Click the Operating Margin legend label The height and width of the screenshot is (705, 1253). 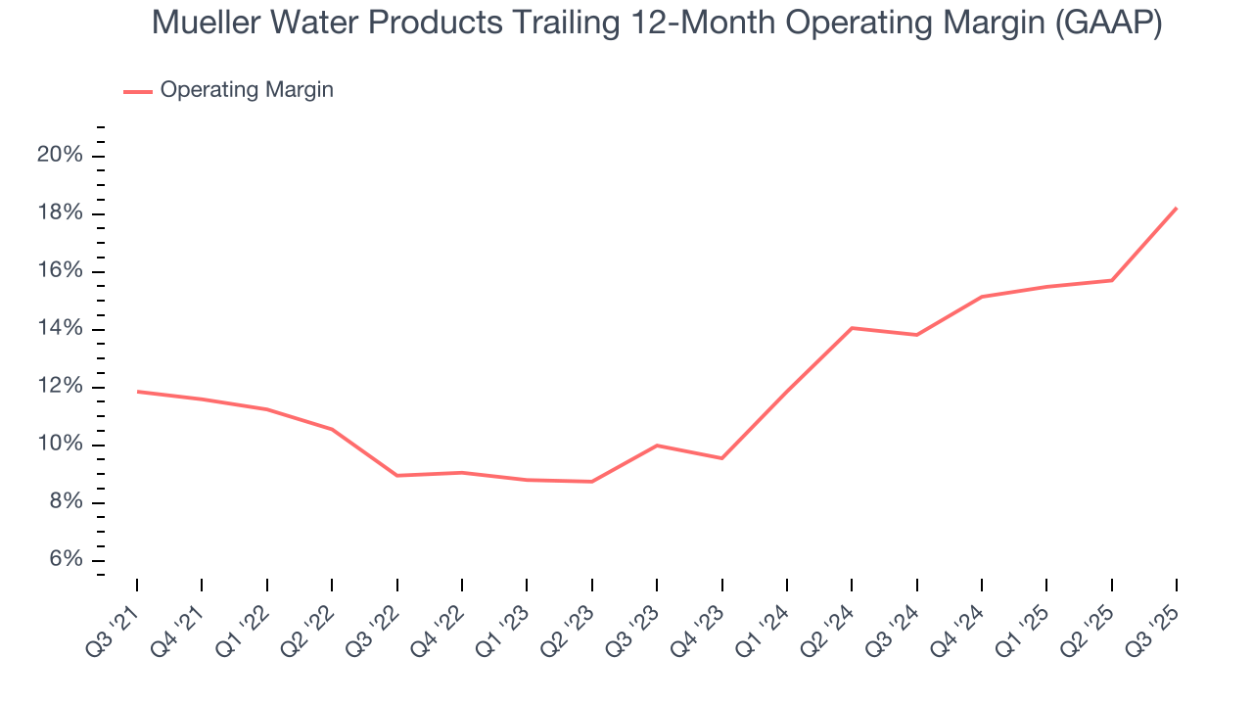(247, 90)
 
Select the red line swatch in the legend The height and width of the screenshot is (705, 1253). (138, 91)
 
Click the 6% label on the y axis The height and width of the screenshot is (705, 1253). (66, 560)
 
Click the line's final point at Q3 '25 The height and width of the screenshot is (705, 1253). (1176, 208)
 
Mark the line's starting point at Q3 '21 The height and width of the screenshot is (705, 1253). (137, 392)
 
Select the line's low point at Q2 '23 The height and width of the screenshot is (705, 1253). (591, 481)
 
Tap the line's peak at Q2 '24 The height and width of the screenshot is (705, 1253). (852, 328)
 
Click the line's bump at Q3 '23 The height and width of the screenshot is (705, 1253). (656, 446)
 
